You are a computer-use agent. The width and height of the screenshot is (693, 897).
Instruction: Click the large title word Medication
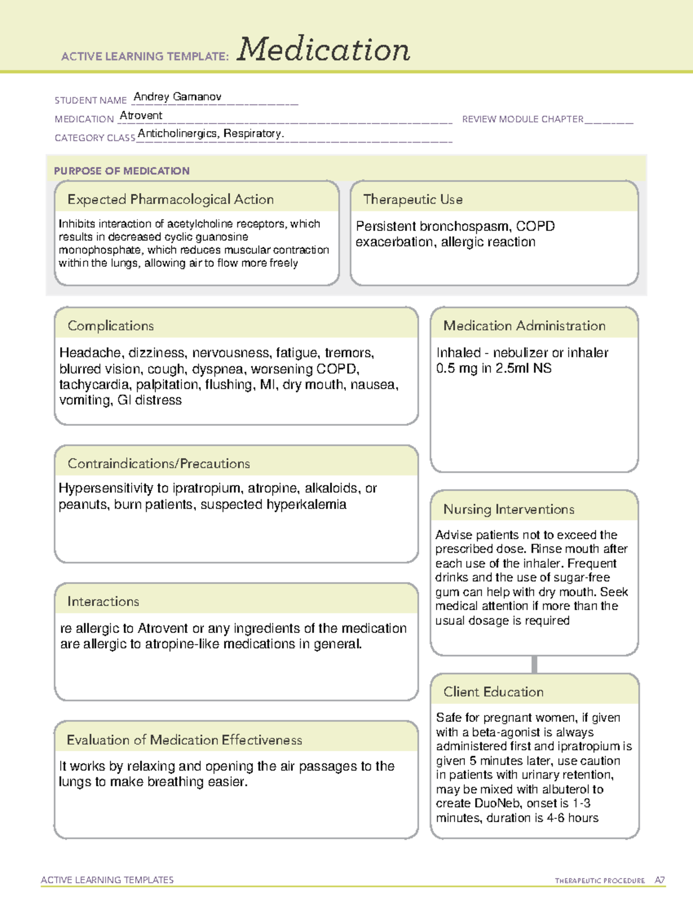pyautogui.click(x=323, y=50)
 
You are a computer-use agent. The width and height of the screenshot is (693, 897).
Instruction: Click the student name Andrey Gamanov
pyautogui.click(x=177, y=97)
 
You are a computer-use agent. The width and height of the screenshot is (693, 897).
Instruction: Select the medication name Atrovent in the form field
pyautogui.click(x=141, y=116)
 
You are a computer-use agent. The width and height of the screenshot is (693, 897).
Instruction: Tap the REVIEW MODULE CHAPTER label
pyautogui.click(x=523, y=119)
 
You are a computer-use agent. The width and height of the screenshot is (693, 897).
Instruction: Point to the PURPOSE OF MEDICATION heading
pyautogui.click(x=122, y=171)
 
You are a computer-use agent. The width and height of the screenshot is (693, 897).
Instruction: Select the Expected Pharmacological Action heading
pyautogui.click(x=170, y=199)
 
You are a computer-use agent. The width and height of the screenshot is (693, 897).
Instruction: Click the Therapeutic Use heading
pyautogui.click(x=413, y=199)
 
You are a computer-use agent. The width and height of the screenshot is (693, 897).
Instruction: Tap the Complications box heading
pyautogui.click(x=111, y=326)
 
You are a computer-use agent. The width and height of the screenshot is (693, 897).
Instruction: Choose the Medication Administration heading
pyautogui.click(x=524, y=326)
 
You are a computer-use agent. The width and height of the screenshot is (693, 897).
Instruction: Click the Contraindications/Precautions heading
pyautogui.click(x=159, y=464)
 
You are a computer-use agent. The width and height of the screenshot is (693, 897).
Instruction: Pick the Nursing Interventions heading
pyautogui.click(x=509, y=509)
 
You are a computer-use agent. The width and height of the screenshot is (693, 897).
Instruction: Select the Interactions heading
pyautogui.click(x=103, y=602)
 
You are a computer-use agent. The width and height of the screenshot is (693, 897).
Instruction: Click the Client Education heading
pyautogui.click(x=493, y=692)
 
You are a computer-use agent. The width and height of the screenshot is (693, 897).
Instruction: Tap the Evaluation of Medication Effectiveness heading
pyautogui.click(x=184, y=740)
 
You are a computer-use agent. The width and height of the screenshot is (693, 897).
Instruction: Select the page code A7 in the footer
pyautogui.click(x=660, y=880)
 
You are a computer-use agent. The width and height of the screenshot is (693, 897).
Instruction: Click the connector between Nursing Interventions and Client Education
pyautogui.click(x=534, y=664)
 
